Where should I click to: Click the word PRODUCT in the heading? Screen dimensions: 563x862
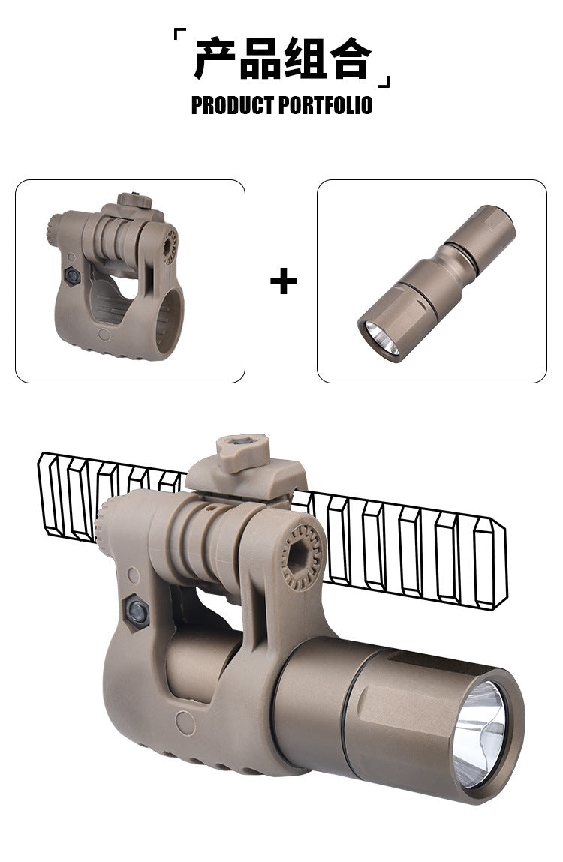[x=232, y=105]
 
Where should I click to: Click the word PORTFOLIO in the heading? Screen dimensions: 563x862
[x=325, y=105]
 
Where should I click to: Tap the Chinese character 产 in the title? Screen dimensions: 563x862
[x=215, y=59]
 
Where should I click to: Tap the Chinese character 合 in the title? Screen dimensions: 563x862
[x=351, y=59]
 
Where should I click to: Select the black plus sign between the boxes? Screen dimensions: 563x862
[x=284, y=281]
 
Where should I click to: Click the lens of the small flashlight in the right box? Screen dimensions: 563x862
[x=382, y=337]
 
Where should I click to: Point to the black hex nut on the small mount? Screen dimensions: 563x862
[x=72, y=275]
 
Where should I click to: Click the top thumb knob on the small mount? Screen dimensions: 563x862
[x=134, y=200]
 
